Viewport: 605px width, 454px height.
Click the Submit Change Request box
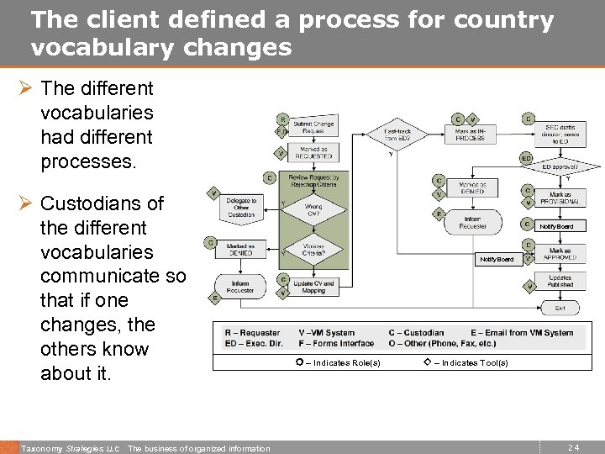tap(313, 128)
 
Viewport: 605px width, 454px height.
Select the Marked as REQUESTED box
tap(313, 153)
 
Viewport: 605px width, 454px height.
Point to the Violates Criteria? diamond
tap(313, 251)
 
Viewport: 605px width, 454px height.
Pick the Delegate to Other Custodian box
tap(242, 207)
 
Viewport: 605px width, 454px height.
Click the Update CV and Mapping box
tap(314, 287)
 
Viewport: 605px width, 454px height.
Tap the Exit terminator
tap(560, 309)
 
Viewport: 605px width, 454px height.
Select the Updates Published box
tap(560, 282)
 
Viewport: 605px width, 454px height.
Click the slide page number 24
tap(573, 448)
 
